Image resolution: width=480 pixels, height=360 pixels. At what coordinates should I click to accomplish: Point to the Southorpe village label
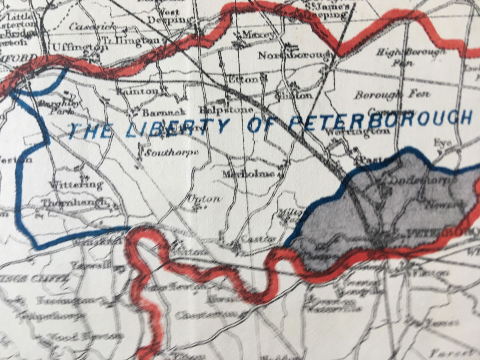point(171,153)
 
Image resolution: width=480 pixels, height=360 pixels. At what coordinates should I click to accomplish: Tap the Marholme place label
point(249,174)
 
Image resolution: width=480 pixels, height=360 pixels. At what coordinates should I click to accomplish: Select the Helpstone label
point(228,110)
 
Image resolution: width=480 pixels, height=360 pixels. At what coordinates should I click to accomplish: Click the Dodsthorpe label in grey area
point(417,180)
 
